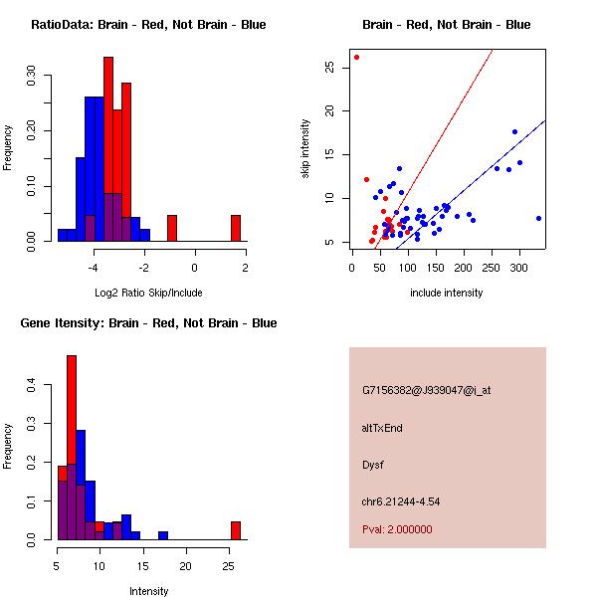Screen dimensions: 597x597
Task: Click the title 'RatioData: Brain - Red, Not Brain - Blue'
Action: point(148,25)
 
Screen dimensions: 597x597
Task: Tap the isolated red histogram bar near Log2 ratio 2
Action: point(236,228)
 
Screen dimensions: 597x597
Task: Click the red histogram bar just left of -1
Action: point(172,228)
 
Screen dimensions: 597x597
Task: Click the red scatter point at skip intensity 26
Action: point(356,57)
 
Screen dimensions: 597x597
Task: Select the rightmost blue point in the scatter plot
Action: point(538,218)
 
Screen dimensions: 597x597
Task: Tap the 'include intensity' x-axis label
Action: point(446,294)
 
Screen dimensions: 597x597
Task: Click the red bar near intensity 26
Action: point(236,530)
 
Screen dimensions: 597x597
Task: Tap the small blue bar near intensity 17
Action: point(163,535)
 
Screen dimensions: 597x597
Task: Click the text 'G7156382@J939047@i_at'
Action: point(426,391)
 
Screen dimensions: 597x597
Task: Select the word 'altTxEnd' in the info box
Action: point(382,428)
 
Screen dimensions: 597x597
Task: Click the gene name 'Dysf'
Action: point(372,465)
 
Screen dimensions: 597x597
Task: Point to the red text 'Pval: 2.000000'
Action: point(397,529)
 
